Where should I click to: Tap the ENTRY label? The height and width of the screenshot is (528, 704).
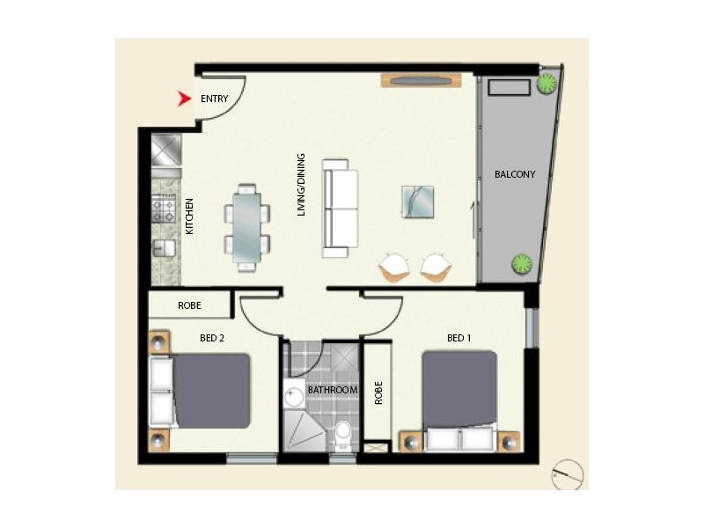tap(216, 99)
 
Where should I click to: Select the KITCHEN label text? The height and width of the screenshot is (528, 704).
tap(189, 216)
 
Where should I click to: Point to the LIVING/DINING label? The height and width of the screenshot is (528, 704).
tap(301, 185)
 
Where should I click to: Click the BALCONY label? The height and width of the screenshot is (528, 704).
tap(515, 174)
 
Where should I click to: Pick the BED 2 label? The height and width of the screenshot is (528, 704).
tap(212, 338)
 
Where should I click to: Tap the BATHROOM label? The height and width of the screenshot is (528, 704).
tap(333, 390)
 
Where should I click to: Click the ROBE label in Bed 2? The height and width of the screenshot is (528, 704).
tap(189, 306)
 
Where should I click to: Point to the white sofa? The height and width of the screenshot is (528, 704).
tap(341, 209)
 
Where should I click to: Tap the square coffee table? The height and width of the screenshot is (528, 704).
tap(418, 201)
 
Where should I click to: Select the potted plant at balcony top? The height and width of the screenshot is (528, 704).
tap(547, 84)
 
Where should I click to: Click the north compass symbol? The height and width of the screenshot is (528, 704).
tap(568, 475)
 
